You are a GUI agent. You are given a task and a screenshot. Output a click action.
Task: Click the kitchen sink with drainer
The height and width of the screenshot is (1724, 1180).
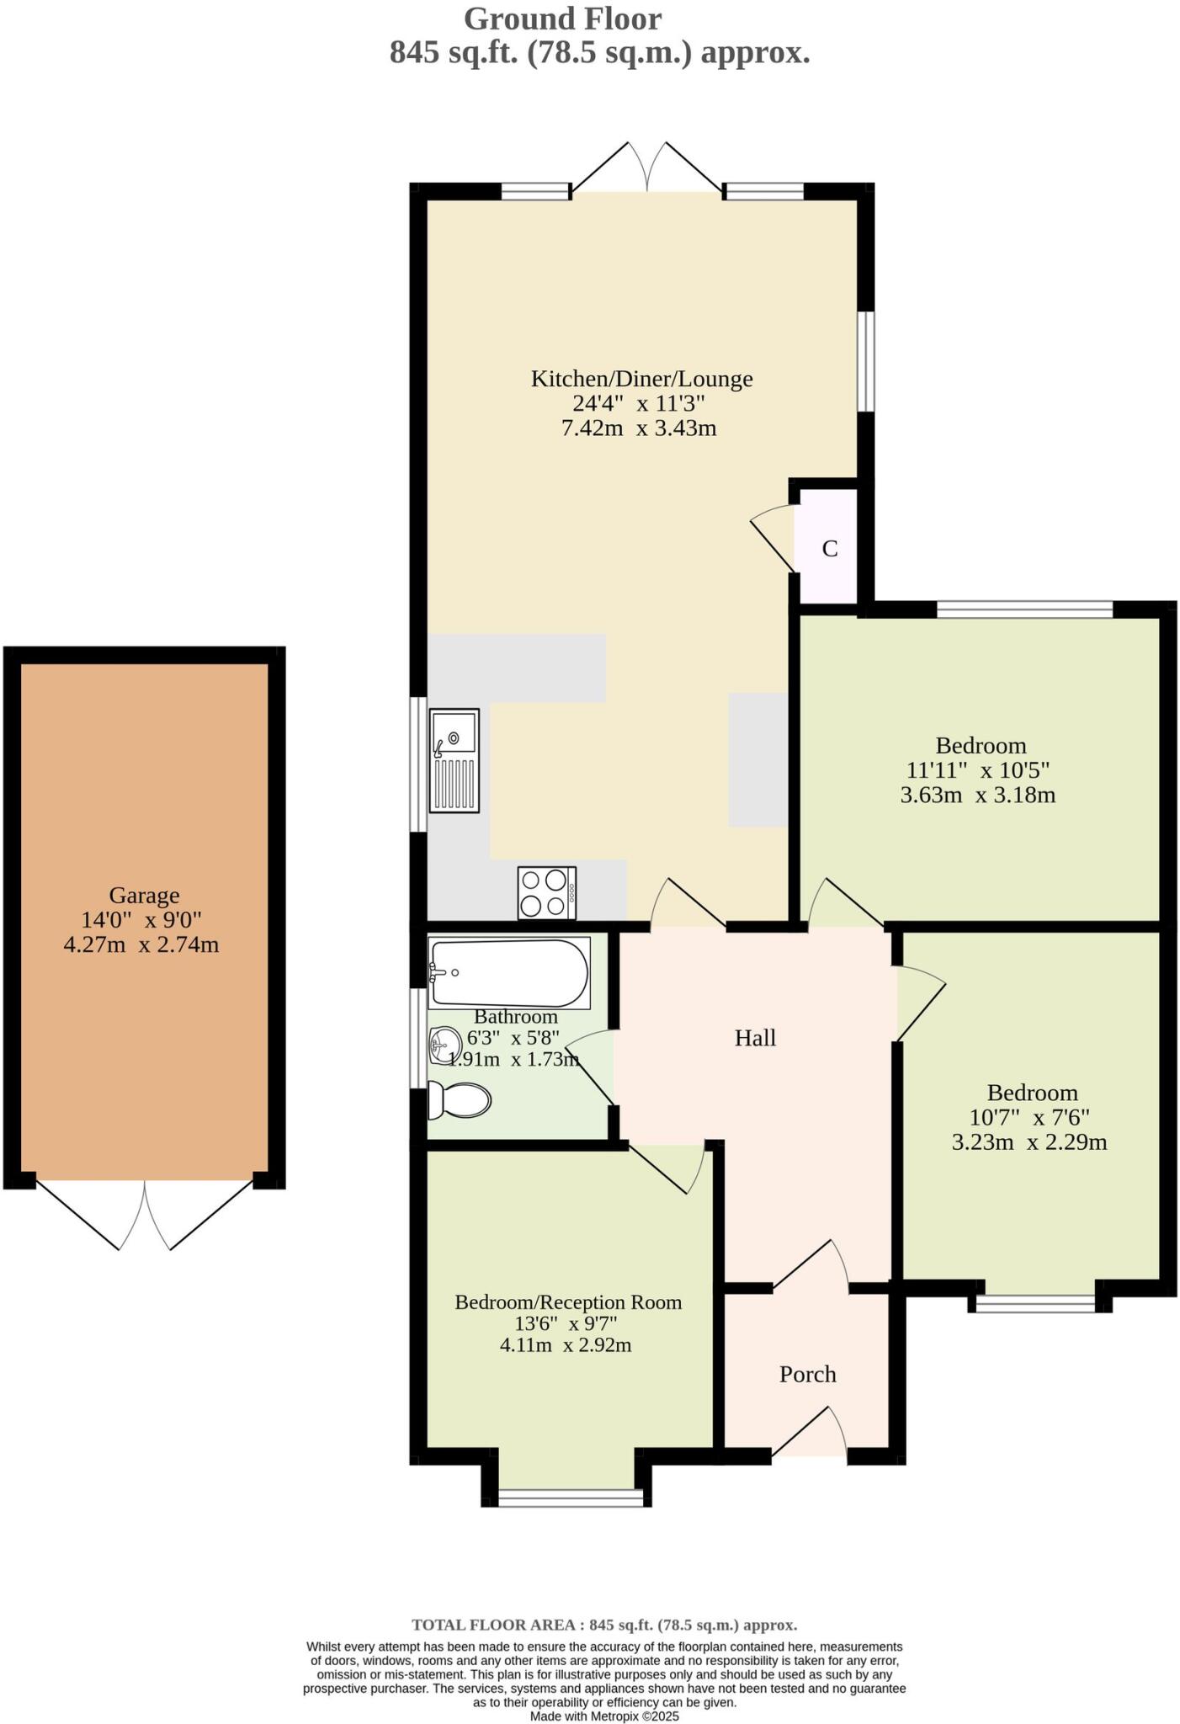454,760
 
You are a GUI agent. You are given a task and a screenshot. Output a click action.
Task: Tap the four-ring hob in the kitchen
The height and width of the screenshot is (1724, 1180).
546,892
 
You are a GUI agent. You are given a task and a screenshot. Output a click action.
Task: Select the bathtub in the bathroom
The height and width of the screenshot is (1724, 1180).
508,973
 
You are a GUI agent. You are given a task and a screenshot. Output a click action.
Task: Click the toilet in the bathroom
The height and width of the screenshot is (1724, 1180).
459,1100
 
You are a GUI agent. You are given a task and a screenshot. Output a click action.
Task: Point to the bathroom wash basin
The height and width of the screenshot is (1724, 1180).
443,1046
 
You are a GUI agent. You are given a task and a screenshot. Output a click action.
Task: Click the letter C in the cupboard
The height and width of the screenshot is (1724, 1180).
829,549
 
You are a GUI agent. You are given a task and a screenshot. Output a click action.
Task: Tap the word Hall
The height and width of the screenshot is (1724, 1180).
755,1038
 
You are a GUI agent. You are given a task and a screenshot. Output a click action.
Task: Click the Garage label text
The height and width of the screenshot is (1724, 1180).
144,895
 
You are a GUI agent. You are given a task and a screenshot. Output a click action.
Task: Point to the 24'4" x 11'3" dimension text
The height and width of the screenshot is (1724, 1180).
639,403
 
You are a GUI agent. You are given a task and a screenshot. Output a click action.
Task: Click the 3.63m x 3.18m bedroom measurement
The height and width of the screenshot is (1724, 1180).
977,795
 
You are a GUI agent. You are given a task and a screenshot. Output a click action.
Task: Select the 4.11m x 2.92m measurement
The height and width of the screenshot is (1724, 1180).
566,1344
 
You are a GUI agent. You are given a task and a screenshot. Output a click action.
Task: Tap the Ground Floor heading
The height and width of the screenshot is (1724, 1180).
562,19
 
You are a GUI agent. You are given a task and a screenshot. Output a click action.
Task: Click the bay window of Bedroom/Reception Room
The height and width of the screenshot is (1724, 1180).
570,1497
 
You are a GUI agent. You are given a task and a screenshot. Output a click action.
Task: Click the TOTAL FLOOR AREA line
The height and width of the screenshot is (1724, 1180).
603,1625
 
